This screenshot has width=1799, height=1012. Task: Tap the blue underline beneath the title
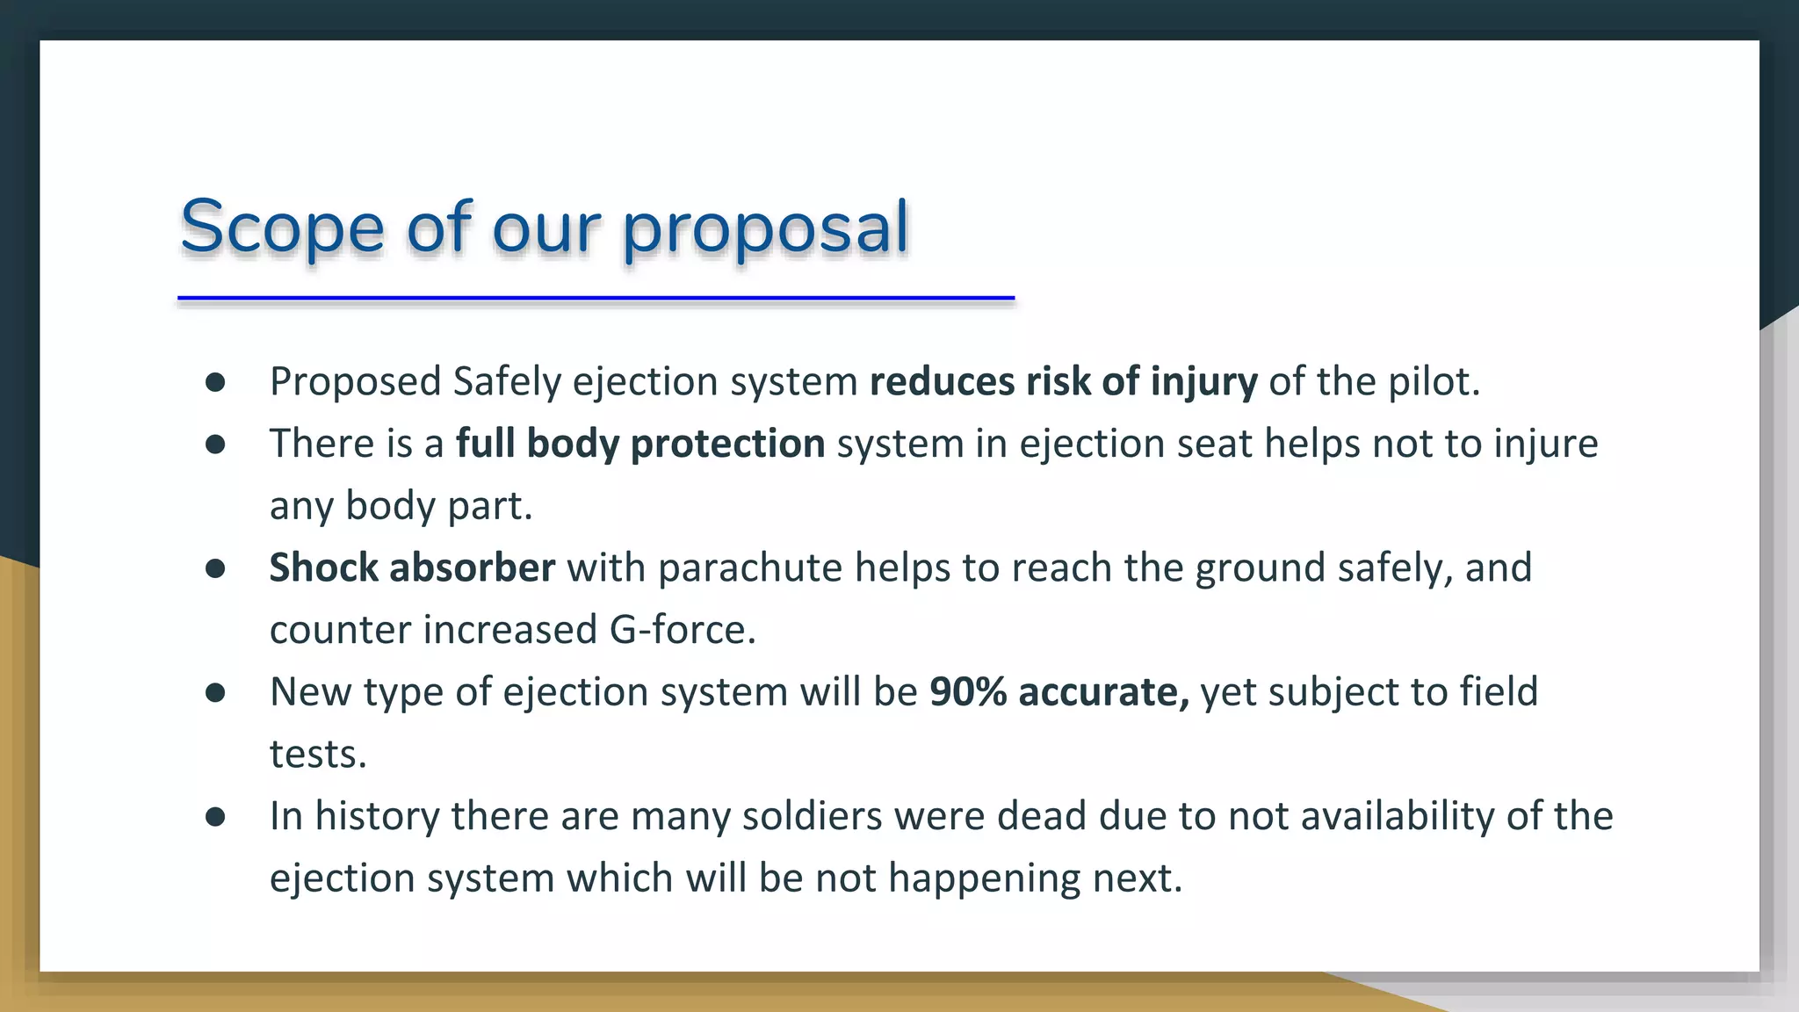[596, 299]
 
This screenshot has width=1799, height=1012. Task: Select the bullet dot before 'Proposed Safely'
[215, 382]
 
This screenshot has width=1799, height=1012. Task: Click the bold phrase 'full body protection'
[640, 444]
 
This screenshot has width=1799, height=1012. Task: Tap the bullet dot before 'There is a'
[215, 445]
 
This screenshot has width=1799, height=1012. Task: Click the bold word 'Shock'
[323, 567]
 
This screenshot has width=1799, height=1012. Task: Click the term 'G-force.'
[683, 630]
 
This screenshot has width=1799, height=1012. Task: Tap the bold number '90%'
[968, 692]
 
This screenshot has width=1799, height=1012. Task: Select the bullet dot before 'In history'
[215, 817]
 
